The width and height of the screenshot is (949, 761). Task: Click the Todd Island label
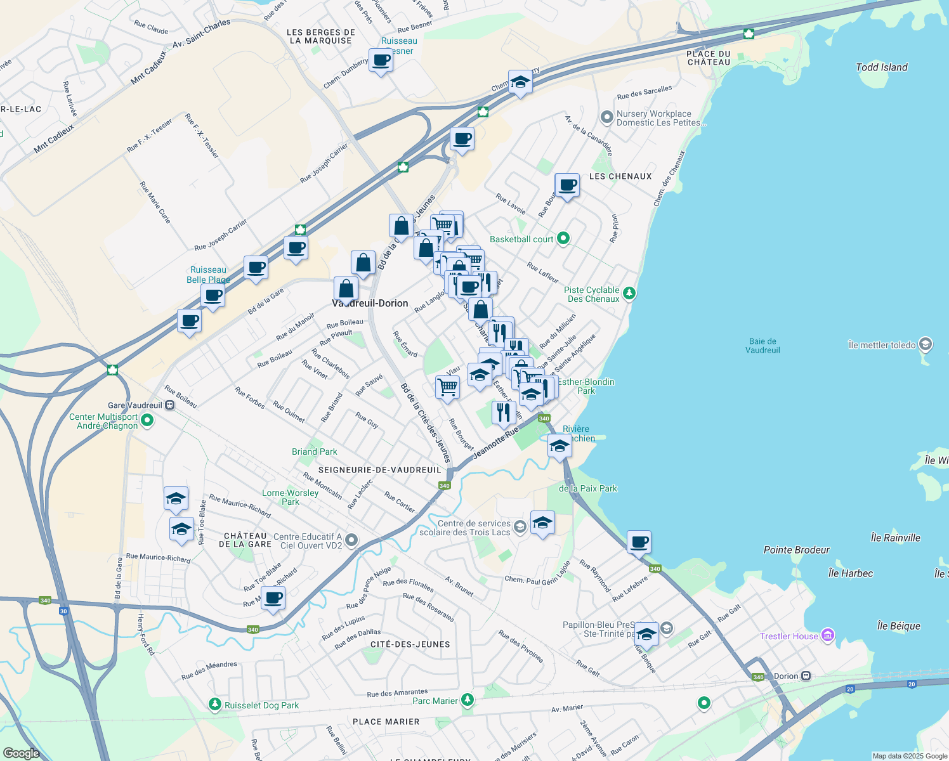tap(881, 67)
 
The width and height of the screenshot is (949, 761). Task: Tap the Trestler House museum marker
tap(827, 635)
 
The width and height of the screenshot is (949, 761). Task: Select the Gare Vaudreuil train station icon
tap(169, 405)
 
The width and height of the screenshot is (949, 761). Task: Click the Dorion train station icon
tap(806, 676)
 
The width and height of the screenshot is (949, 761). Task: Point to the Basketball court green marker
tap(563, 239)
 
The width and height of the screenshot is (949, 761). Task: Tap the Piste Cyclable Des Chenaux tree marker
tap(629, 293)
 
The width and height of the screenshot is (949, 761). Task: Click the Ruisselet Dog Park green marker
tap(216, 705)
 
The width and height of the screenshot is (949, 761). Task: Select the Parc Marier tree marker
tap(468, 699)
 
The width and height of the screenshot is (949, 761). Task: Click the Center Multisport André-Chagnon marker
tap(147, 420)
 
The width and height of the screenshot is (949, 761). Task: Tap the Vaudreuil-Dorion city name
tap(370, 303)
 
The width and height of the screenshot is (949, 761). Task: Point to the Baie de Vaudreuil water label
tap(762, 346)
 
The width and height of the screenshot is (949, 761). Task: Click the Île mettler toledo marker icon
tap(926, 344)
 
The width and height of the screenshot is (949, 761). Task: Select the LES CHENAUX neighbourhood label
tap(620, 176)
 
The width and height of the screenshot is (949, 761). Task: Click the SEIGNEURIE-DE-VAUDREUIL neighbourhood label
tap(379, 470)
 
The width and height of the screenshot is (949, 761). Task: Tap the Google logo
tap(21, 753)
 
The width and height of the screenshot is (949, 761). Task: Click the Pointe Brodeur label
tap(796, 550)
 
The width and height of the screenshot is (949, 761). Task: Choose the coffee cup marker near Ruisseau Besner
tap(381, 62)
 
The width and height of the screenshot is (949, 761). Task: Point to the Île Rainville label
tap(895, 538)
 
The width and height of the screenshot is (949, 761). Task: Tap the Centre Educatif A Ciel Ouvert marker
tap(351, 540)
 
